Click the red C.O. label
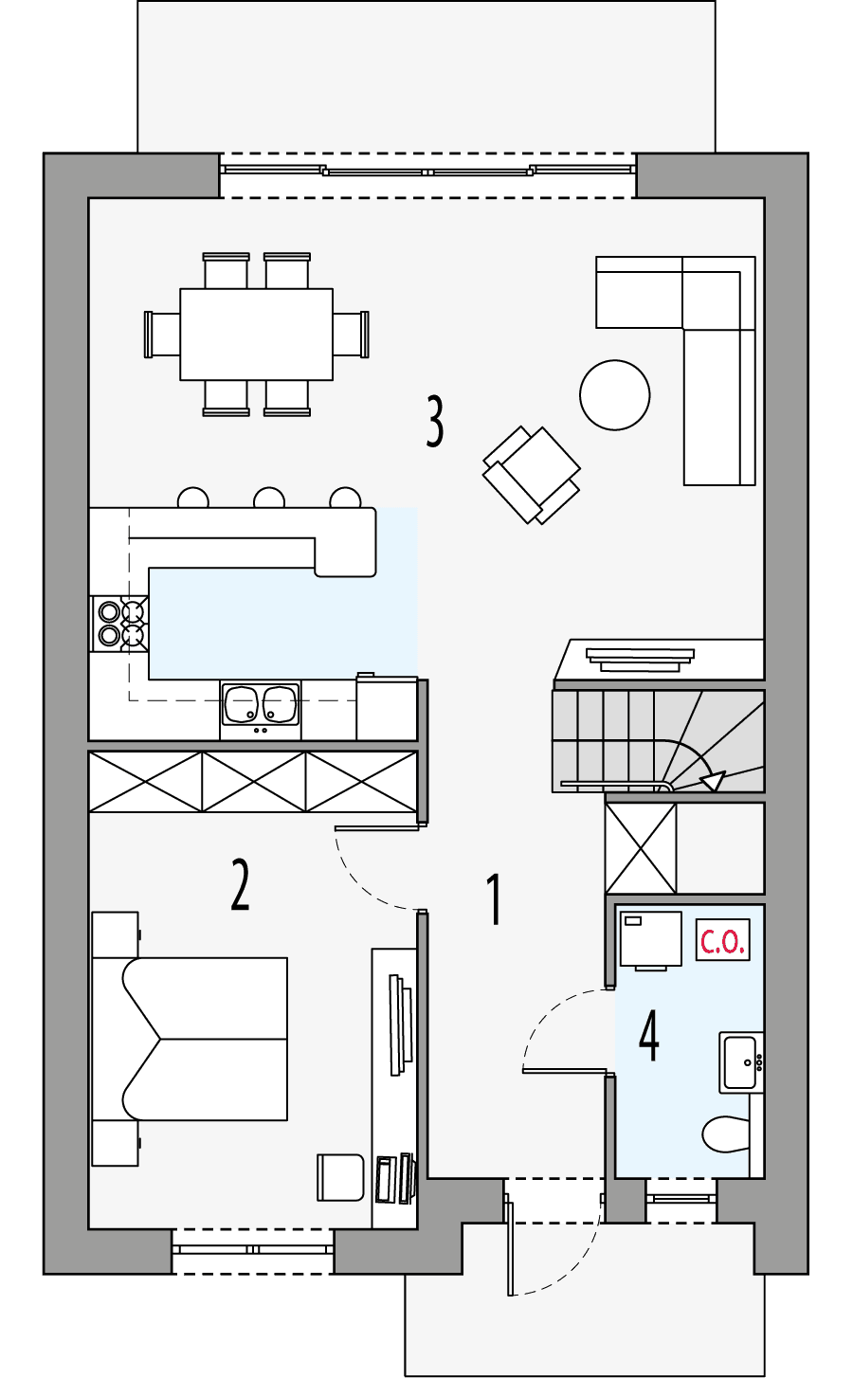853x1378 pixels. click(x=722, y=940)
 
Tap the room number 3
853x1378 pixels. click(x=435, y=422)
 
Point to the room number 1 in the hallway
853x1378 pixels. click(x=494, y=899)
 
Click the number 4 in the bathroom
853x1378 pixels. click(x=649, y=1036)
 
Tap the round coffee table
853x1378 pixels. click(x=614, y=395)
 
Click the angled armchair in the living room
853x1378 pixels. click(x=531, y=475)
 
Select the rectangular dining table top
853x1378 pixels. click(x=256, y=334)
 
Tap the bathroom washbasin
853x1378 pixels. click(x=740, y=1062)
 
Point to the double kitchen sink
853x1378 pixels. click(x=261, y=704)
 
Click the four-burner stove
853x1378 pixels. click(x=120, y=624)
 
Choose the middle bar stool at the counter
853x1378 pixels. click(x=269, y=498)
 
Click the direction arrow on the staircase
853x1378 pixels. click(x=712, y=781)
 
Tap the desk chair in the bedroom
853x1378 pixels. click(x=340, y=1177)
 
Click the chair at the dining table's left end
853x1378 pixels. click(x=163, y=334)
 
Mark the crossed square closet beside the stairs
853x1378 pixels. click(x=641, y=848)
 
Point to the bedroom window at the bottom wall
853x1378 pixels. click(x=252, y=1250)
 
